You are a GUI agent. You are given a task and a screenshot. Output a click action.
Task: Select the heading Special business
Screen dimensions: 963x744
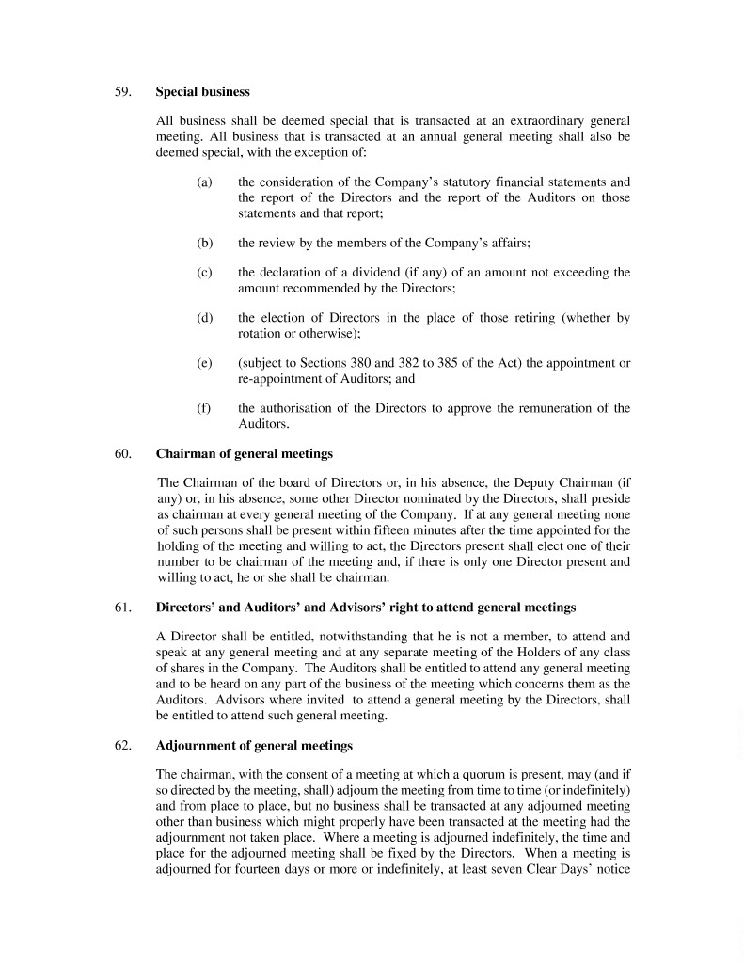pos(202,92)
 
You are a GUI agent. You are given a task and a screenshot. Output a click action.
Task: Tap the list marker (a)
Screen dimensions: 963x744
pos(204,182)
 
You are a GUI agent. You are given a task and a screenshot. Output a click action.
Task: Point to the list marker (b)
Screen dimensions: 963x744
pos(204,243)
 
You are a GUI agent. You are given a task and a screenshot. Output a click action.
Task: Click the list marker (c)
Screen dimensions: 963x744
pos(204,273)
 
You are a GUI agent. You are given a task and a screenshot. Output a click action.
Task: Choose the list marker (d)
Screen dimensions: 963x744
pos(204,318)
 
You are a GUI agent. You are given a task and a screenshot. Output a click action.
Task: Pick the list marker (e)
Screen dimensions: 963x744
pos(204,363)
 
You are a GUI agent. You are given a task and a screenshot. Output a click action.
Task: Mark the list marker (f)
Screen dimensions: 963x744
pos(203,408)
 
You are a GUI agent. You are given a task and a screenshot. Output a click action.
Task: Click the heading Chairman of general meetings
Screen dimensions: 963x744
pos(244,454)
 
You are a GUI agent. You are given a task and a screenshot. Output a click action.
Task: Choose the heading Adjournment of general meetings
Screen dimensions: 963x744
pos(254,746)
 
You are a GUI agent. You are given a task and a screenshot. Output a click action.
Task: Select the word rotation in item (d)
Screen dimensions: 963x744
pos(261,333)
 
